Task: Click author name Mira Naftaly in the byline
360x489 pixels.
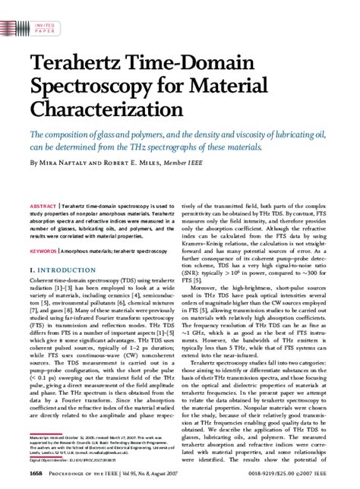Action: click(x=64, y=163)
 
